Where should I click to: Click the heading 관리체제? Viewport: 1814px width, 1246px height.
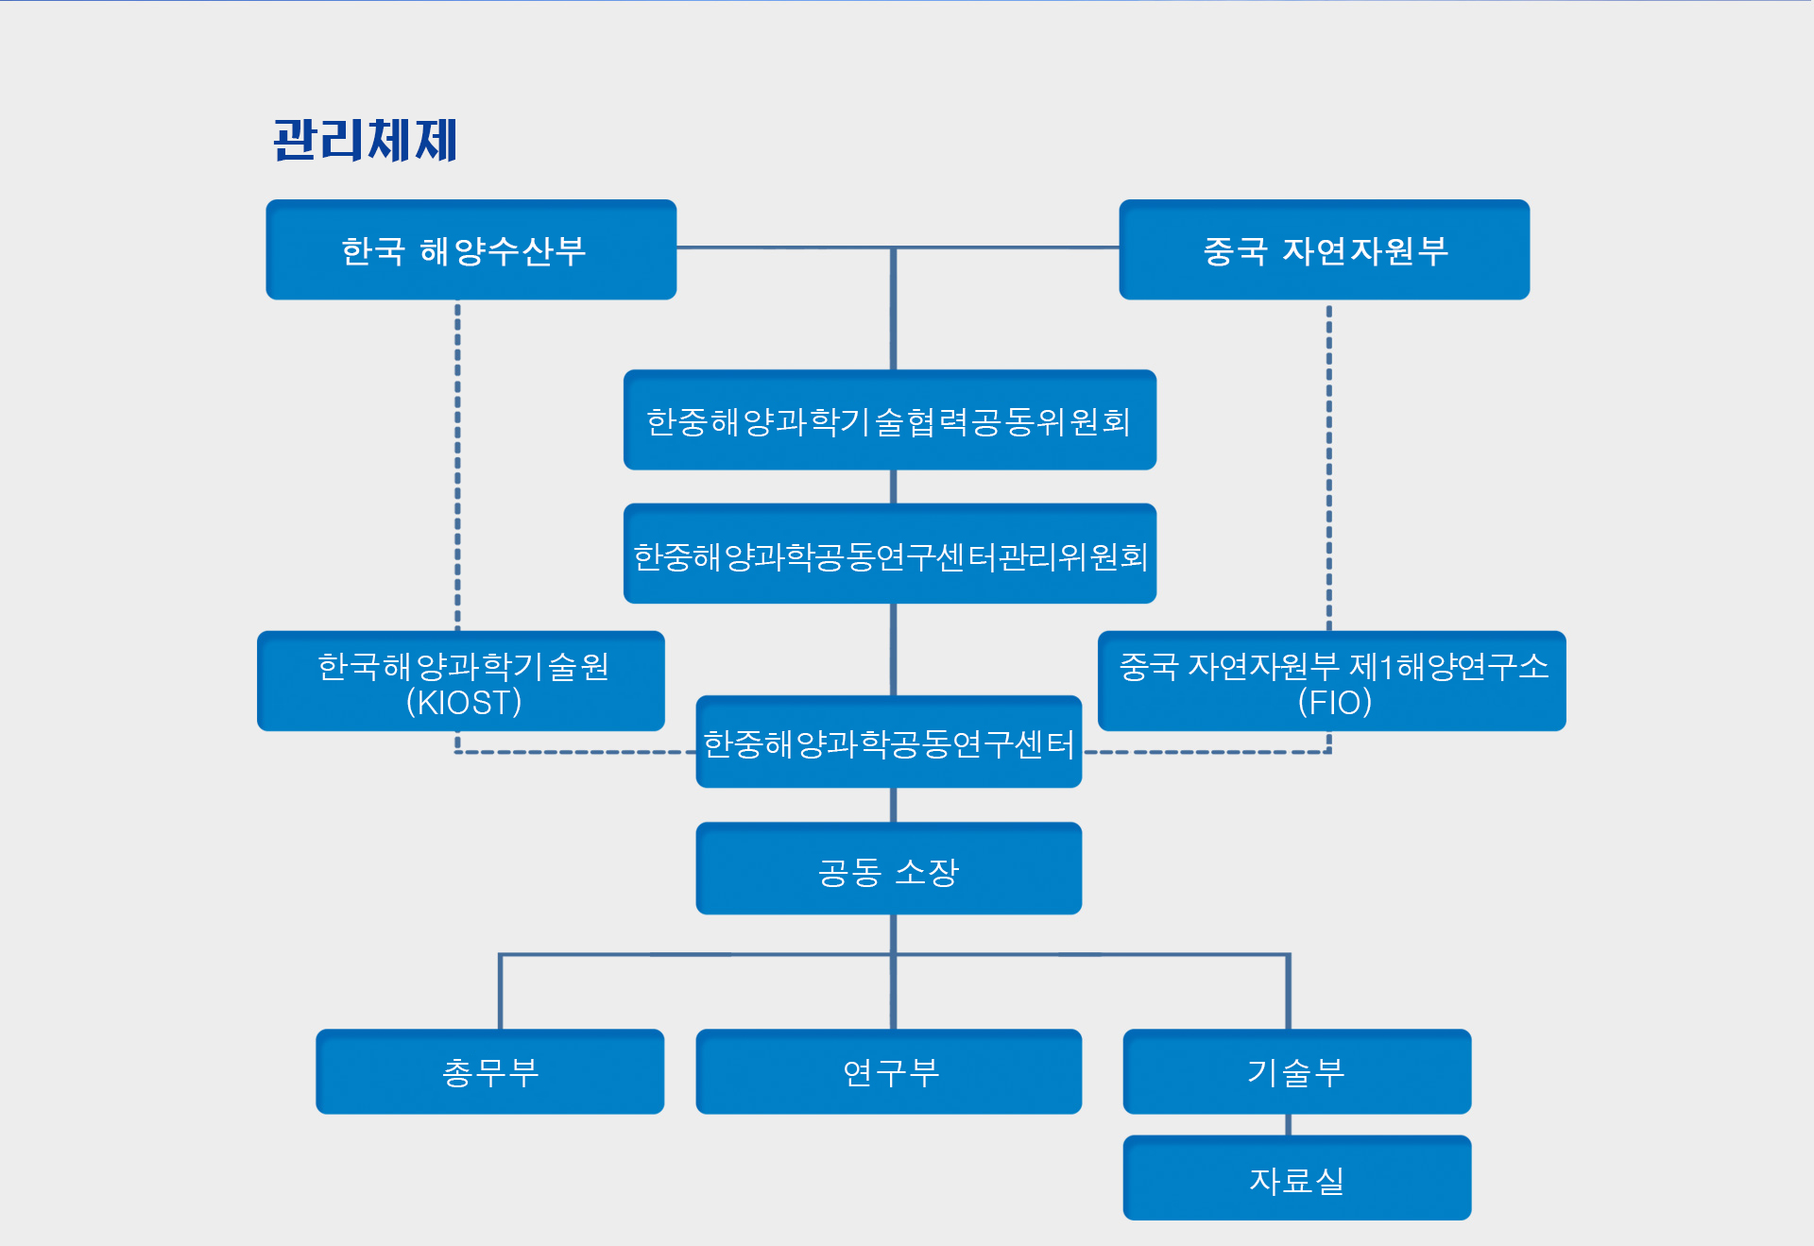[x=365, y=140]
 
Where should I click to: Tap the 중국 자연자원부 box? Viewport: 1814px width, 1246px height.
[x=1324, y=249]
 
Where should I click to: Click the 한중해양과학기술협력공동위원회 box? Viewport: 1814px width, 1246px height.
[x=889, y=419]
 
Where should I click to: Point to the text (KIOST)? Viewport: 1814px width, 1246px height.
[x=463, y=703]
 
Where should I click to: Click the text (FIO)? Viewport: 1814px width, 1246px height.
[x=1334, y=703]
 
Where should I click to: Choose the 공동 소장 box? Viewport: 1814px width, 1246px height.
[x=888, y=868]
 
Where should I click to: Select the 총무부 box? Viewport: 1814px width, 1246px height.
[x=489, y=1071]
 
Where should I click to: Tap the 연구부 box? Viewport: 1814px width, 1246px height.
[x=888, y=1071]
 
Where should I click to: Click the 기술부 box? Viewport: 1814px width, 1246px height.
[x=1296, y=1071]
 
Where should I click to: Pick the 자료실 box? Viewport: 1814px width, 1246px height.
[x=1296, y=1178]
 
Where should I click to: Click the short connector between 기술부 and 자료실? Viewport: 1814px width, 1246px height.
[x=1288, y=1125]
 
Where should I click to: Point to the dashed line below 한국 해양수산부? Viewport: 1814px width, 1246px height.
[x=458, y=463]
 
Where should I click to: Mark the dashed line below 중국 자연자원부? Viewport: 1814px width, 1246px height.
[x=1328, y=463]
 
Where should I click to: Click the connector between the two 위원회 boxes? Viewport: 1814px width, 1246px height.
[x=893, y=486]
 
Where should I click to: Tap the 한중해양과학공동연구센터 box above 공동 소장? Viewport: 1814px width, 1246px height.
[x=888, y=742]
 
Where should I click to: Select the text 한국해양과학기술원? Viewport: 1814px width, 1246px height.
[x=463, y=666]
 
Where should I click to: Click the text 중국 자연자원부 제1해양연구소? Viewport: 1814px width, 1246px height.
[x=1333, y=666]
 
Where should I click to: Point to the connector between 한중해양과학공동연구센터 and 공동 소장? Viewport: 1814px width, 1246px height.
[x=893, y=805]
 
